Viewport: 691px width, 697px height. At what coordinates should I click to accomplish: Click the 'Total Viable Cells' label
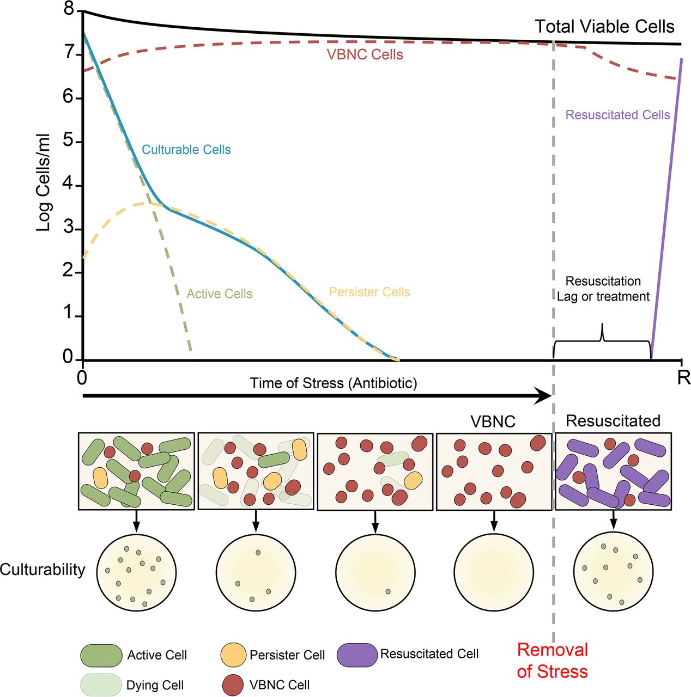coord(604,27)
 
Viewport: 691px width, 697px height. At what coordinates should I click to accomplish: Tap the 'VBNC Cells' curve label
coord(365,55)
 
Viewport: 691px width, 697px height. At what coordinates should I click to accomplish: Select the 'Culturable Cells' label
coord(186,150)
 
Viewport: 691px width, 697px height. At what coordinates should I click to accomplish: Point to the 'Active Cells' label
coord(219,294)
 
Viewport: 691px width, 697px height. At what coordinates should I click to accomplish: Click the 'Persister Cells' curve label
coord(369,292)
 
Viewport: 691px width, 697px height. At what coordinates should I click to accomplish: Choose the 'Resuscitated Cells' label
coord(617,115)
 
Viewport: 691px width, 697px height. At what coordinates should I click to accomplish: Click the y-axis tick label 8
coord(69,9)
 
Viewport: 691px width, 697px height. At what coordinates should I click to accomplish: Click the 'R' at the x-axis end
coord(683,377)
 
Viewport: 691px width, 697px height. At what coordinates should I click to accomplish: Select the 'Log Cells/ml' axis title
coord(44,182)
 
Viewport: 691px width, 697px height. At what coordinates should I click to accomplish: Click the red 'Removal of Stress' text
coord(552,661)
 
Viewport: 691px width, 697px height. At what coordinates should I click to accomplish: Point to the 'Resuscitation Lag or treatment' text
coord(603,289)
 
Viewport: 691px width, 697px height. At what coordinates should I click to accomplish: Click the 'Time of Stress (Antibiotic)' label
coord(334,383)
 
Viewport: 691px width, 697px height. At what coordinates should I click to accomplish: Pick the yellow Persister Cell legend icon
coord(233,655)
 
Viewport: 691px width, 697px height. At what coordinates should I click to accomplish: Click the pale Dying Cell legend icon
coord(101,685)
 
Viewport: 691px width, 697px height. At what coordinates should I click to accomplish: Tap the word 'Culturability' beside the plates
coord(43,570)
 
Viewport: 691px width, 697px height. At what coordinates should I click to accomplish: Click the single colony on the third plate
coord(388,591)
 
